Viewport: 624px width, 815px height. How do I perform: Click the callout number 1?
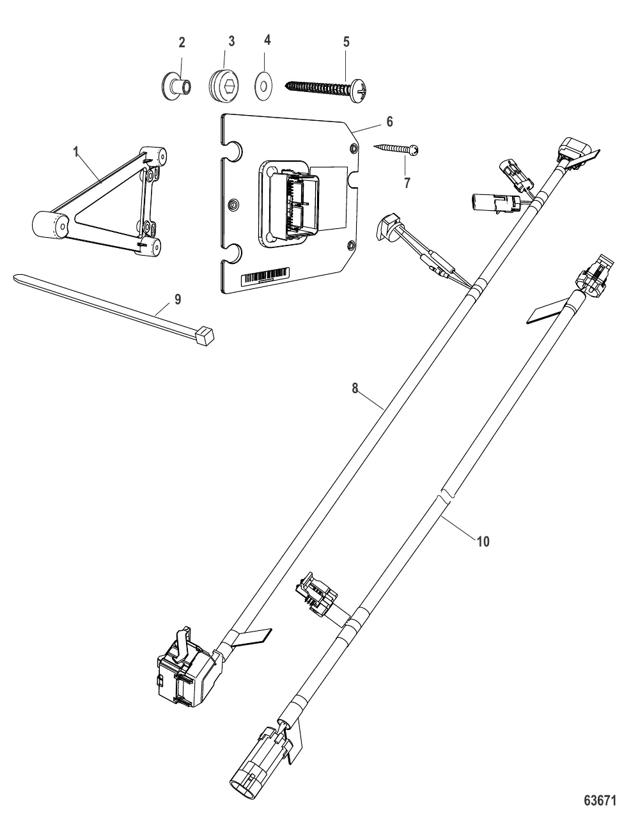[76, 153]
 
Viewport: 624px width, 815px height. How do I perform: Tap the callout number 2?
[182, 43]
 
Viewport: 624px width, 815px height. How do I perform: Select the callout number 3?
[231, 41]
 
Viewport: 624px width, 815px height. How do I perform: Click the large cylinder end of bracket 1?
[50, 226]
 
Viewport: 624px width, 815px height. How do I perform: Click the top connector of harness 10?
[591, 282]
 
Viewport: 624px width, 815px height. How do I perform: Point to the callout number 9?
[178, 299]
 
